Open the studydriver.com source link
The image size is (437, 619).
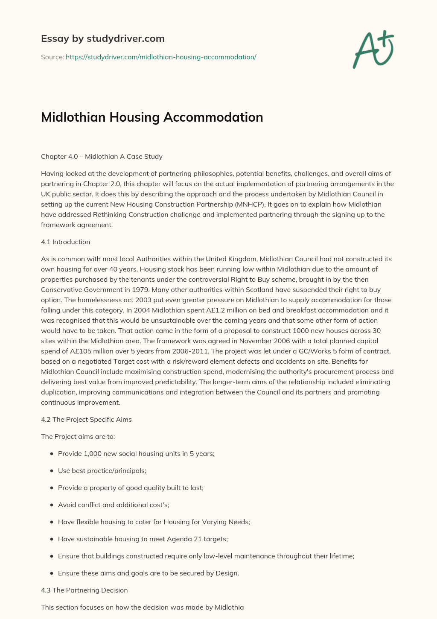pyautogui.click(x=161, y=57)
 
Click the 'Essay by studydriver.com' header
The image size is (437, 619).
pyautogui.click(x=102, y=38)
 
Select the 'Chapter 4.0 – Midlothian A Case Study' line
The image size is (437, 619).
pyautogui.click(x=102, y=156)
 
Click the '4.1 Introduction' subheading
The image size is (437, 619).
pyautogui.click(x=65, y=242)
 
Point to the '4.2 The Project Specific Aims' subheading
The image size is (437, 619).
pyautogui.click(x=86, y=419)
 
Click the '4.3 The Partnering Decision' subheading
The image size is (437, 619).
pyautogui.click(x=84, y=590)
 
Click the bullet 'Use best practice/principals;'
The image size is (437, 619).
pyautogui.click(x=102, y=470)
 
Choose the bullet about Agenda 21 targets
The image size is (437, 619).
pyautogui.click(x=143, y=539)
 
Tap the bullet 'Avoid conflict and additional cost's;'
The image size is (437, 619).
pyautogui.click(x=114, y=505)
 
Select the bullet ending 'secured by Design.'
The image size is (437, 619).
pyautogui.click(x=148, y=573)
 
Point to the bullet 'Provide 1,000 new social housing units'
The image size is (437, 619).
pyautogui.click(x=136, y=453)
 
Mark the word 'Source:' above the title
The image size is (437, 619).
pyautogui.click(x=52, y=57)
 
